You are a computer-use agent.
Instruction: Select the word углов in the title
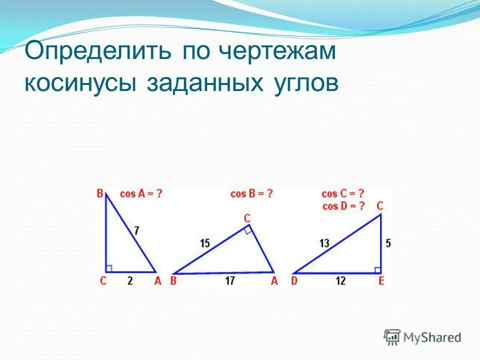306,83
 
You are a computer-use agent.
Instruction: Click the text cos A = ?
141,193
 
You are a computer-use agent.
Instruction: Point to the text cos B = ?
251,193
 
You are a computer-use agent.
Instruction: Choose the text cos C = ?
342,194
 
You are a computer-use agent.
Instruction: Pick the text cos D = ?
342,205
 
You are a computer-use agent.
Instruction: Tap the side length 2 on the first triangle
130,281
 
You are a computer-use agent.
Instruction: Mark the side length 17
229,281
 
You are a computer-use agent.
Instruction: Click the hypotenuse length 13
324,243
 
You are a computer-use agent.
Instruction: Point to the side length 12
340,281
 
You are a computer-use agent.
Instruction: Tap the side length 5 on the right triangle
388,243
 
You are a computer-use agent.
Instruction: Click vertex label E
381,281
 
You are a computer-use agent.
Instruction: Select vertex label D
295,281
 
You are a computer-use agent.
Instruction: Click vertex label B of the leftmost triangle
100,193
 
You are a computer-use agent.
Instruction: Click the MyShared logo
422,337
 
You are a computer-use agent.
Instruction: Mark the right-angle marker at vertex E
377,270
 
